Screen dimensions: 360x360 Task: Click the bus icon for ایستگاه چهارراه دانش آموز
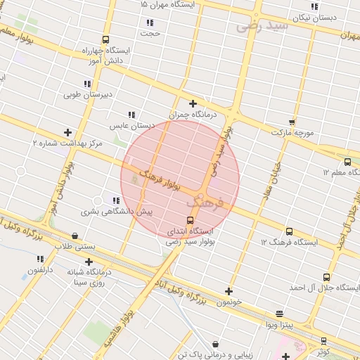(105, 39)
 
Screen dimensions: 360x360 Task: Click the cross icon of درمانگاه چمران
(193, 104)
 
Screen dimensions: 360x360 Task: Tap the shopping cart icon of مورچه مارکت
(292, 121)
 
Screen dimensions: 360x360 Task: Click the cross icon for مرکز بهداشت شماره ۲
(67, 132)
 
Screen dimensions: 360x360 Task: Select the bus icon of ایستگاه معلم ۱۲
(348, 162)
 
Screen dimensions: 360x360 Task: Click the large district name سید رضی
(262, 26)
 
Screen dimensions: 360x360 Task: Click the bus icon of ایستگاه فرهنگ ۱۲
(289, 231)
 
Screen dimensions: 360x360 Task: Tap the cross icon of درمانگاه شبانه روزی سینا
(89, 262)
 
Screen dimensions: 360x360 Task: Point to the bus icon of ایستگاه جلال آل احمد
(326, 277)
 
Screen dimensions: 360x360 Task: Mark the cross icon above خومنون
(229, 291)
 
